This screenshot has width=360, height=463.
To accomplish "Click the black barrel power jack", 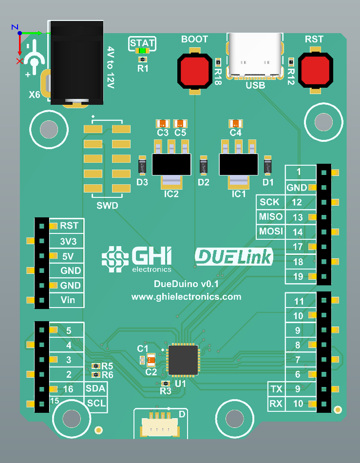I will [x=77, y=61].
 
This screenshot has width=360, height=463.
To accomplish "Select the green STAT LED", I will [x=142, y=51].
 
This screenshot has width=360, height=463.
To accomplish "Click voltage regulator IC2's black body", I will [x=171, y=164].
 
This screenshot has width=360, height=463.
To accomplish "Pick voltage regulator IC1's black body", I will [x=239, y=164].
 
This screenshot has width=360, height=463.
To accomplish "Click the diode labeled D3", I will [x=142, y=166].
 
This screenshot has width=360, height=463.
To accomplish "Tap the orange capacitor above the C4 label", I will [x=236, y=123].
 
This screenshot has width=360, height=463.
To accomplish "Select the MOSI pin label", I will [x=270, y=231].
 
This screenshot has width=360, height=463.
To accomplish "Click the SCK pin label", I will [x=270, y=202].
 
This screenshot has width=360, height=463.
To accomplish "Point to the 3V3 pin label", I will [x=68, y=241].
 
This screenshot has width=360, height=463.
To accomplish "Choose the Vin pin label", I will [x=68, y=300].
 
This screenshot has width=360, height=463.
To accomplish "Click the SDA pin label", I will [x=95, y=389].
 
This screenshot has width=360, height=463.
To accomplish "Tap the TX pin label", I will [x=276, y=389].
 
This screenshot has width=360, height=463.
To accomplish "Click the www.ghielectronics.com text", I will [x=186, y=296].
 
